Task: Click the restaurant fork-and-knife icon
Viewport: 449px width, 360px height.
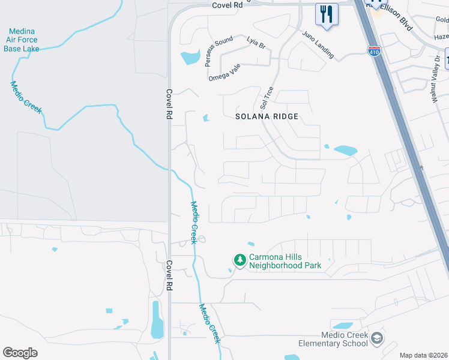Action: pos(327,14)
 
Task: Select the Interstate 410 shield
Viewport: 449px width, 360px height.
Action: pos(373,51)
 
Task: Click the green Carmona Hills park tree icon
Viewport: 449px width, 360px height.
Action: pos(240,260)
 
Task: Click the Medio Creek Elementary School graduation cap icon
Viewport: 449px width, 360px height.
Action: pos(377,338)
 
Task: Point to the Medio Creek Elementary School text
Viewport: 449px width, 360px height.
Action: pos(333,339)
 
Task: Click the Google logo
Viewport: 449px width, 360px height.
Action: pos(20,353)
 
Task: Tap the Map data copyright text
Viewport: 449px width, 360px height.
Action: pos(423,355)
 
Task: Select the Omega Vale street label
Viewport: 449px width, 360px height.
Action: pos(224,73)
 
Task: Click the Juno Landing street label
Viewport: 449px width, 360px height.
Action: pos(318,44)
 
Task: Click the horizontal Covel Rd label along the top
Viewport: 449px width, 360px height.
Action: pos(229,4)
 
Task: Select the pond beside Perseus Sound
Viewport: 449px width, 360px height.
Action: pos(191,58)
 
